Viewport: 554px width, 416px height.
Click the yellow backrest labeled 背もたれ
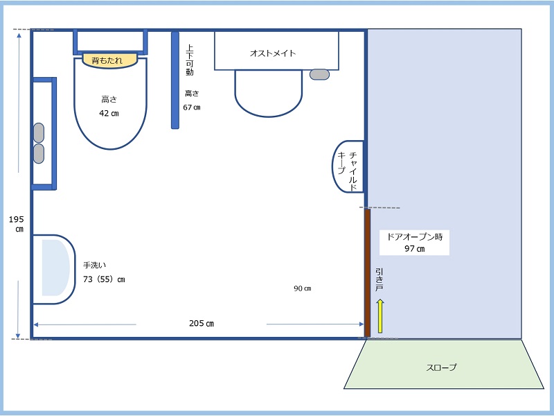(109, 60)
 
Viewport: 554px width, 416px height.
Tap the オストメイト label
(273, 53)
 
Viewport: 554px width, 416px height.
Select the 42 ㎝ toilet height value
(109, 114)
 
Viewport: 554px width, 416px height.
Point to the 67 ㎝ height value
(192, 107)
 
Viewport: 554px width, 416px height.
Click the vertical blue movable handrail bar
(175, 80)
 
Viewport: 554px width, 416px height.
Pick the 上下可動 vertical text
(190, 60)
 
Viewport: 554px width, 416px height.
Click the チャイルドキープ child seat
(348, 166)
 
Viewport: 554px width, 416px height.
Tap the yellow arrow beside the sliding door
(380, 316)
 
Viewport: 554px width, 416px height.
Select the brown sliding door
(368, 272)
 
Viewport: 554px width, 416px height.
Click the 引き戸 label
(379, 279)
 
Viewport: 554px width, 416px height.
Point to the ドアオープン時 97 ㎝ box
(414, 242)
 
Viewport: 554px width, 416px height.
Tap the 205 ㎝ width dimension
(202, 323)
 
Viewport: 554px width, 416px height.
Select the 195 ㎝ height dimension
(16, 224)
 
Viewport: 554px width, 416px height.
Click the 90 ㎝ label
(303, 288)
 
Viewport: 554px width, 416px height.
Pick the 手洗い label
(94, 265)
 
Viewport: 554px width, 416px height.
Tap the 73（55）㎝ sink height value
(105, 279)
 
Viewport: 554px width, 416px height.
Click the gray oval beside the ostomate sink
(319, 74)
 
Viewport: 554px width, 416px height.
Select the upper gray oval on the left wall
(39, 132)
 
